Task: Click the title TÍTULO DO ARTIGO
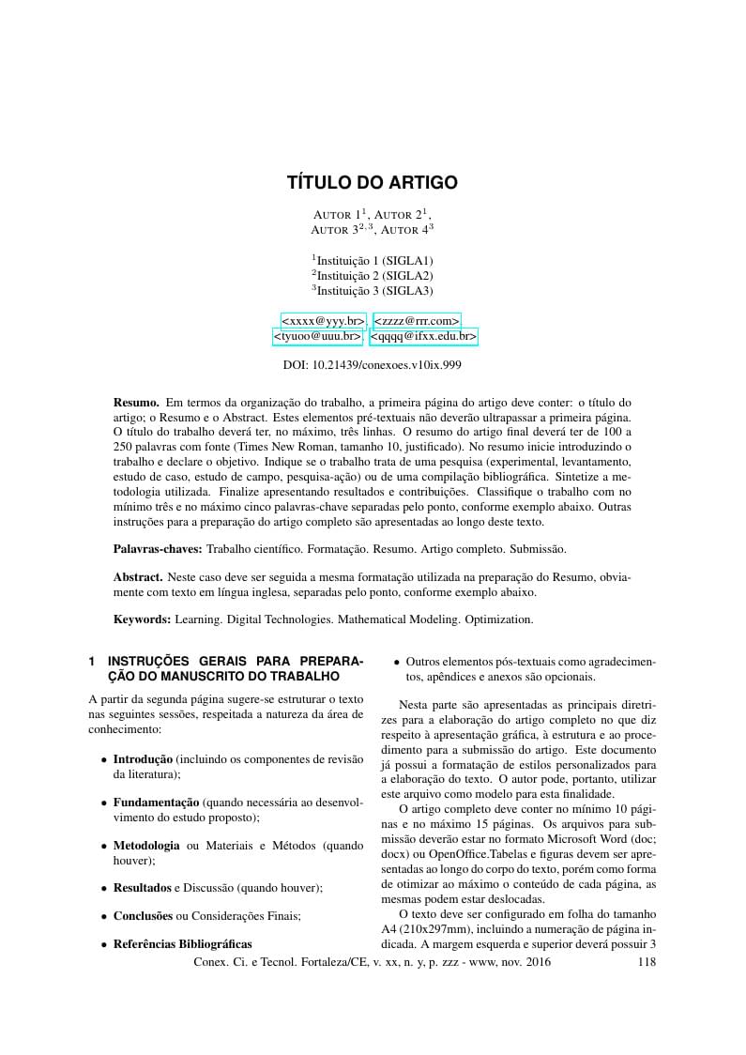[x=372, y=182]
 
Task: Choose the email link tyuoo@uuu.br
[x=317, y=336]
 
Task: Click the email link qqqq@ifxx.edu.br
[x=423, y=336]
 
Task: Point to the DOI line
[x=372, y=365]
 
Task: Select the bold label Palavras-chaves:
[x=158, y=547]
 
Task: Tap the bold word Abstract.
[x=139, y=576]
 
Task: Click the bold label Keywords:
[x=142, y=619]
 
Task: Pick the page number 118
[x=647, y=962]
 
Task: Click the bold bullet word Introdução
[x=143, y=758]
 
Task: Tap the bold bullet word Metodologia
[x=146, y=846]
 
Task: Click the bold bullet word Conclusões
[x=143, y=915]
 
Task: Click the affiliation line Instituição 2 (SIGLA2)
[x=373, y=275]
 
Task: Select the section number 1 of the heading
[x=92, y=661]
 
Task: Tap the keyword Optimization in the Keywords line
[x=498, y=619]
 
